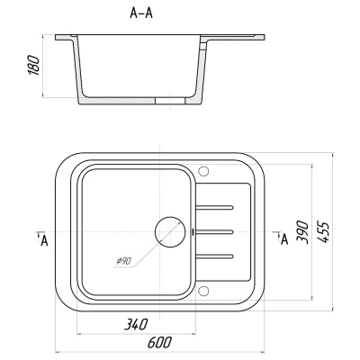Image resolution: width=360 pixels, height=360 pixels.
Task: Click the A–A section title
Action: point(141,13)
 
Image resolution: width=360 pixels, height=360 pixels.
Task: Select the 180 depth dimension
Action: point(33,65)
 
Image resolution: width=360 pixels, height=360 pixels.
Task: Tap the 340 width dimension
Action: point(136,324)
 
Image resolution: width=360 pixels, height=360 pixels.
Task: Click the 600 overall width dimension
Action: point(159,342)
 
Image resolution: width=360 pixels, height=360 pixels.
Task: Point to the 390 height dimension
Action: point(302,232)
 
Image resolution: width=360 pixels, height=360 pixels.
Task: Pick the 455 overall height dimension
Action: point(323,232)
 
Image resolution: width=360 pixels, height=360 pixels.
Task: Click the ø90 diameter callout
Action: point(123,261)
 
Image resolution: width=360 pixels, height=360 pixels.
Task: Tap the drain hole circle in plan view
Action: point(170,232)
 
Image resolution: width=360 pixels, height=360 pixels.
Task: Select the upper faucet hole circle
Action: point(203,171)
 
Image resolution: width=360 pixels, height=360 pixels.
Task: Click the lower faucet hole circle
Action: point(203,291)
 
